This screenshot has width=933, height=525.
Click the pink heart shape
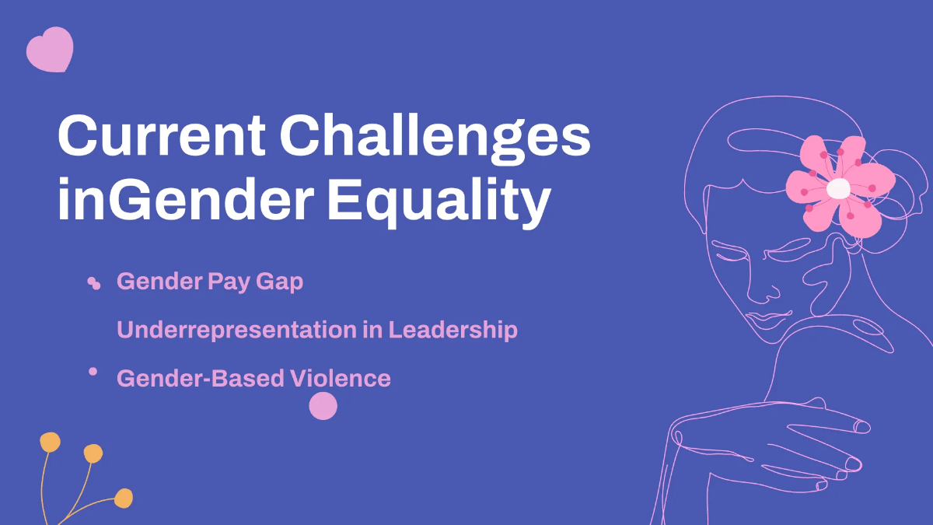pyautogui.click(x=50, y=52)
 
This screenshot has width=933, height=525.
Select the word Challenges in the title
pyautogui.click(x=435, y=137)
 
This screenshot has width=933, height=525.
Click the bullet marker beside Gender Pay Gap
pyautogui.click(x=94, y=284)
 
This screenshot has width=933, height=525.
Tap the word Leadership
pyautogui.click(x=453, y=330)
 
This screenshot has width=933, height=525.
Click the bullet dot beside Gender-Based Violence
pyautogui.click(x=93, y=372)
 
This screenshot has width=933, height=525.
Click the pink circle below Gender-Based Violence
pyautogui.click(x=323, y=406)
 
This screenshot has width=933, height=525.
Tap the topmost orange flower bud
pyautogui.click(x=51, y=443)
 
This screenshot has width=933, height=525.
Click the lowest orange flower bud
pyautogui.click(x=124, y=497)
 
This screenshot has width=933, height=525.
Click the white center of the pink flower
pyautogui.click(x=838, y=188)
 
